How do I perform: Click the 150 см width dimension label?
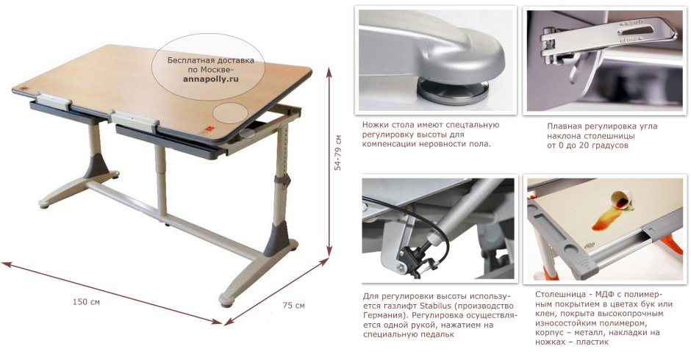click(86, 302)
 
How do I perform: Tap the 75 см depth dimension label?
click(293, 305)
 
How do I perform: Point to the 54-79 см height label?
click(338, 153)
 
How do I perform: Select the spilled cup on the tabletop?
click(621, 198)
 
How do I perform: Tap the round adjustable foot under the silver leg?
click(453, 90)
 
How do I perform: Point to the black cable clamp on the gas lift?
click(413, 257)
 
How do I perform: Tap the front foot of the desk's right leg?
click(228, 300)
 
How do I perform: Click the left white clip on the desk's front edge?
click(54, 102)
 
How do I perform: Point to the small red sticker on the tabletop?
click(210, 129)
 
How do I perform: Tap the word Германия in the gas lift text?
click(383, 315)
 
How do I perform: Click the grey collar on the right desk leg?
click(282, 180)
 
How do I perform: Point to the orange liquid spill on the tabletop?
click(606, 217)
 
